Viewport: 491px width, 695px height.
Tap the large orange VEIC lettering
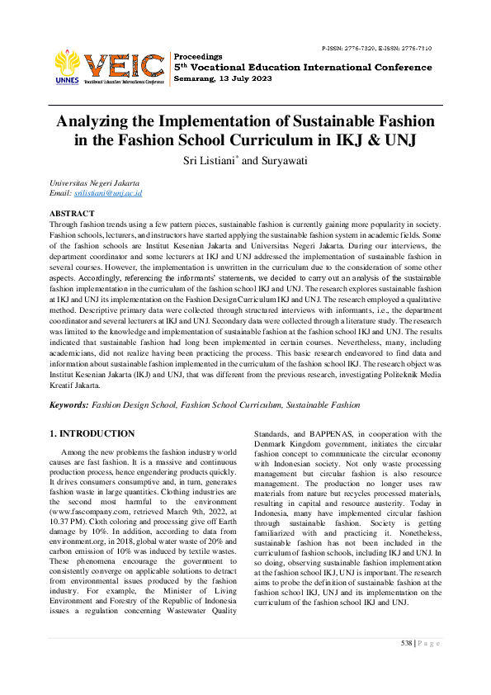124,64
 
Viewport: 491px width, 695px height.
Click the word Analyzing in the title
96,121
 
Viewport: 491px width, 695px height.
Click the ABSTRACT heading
72,213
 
